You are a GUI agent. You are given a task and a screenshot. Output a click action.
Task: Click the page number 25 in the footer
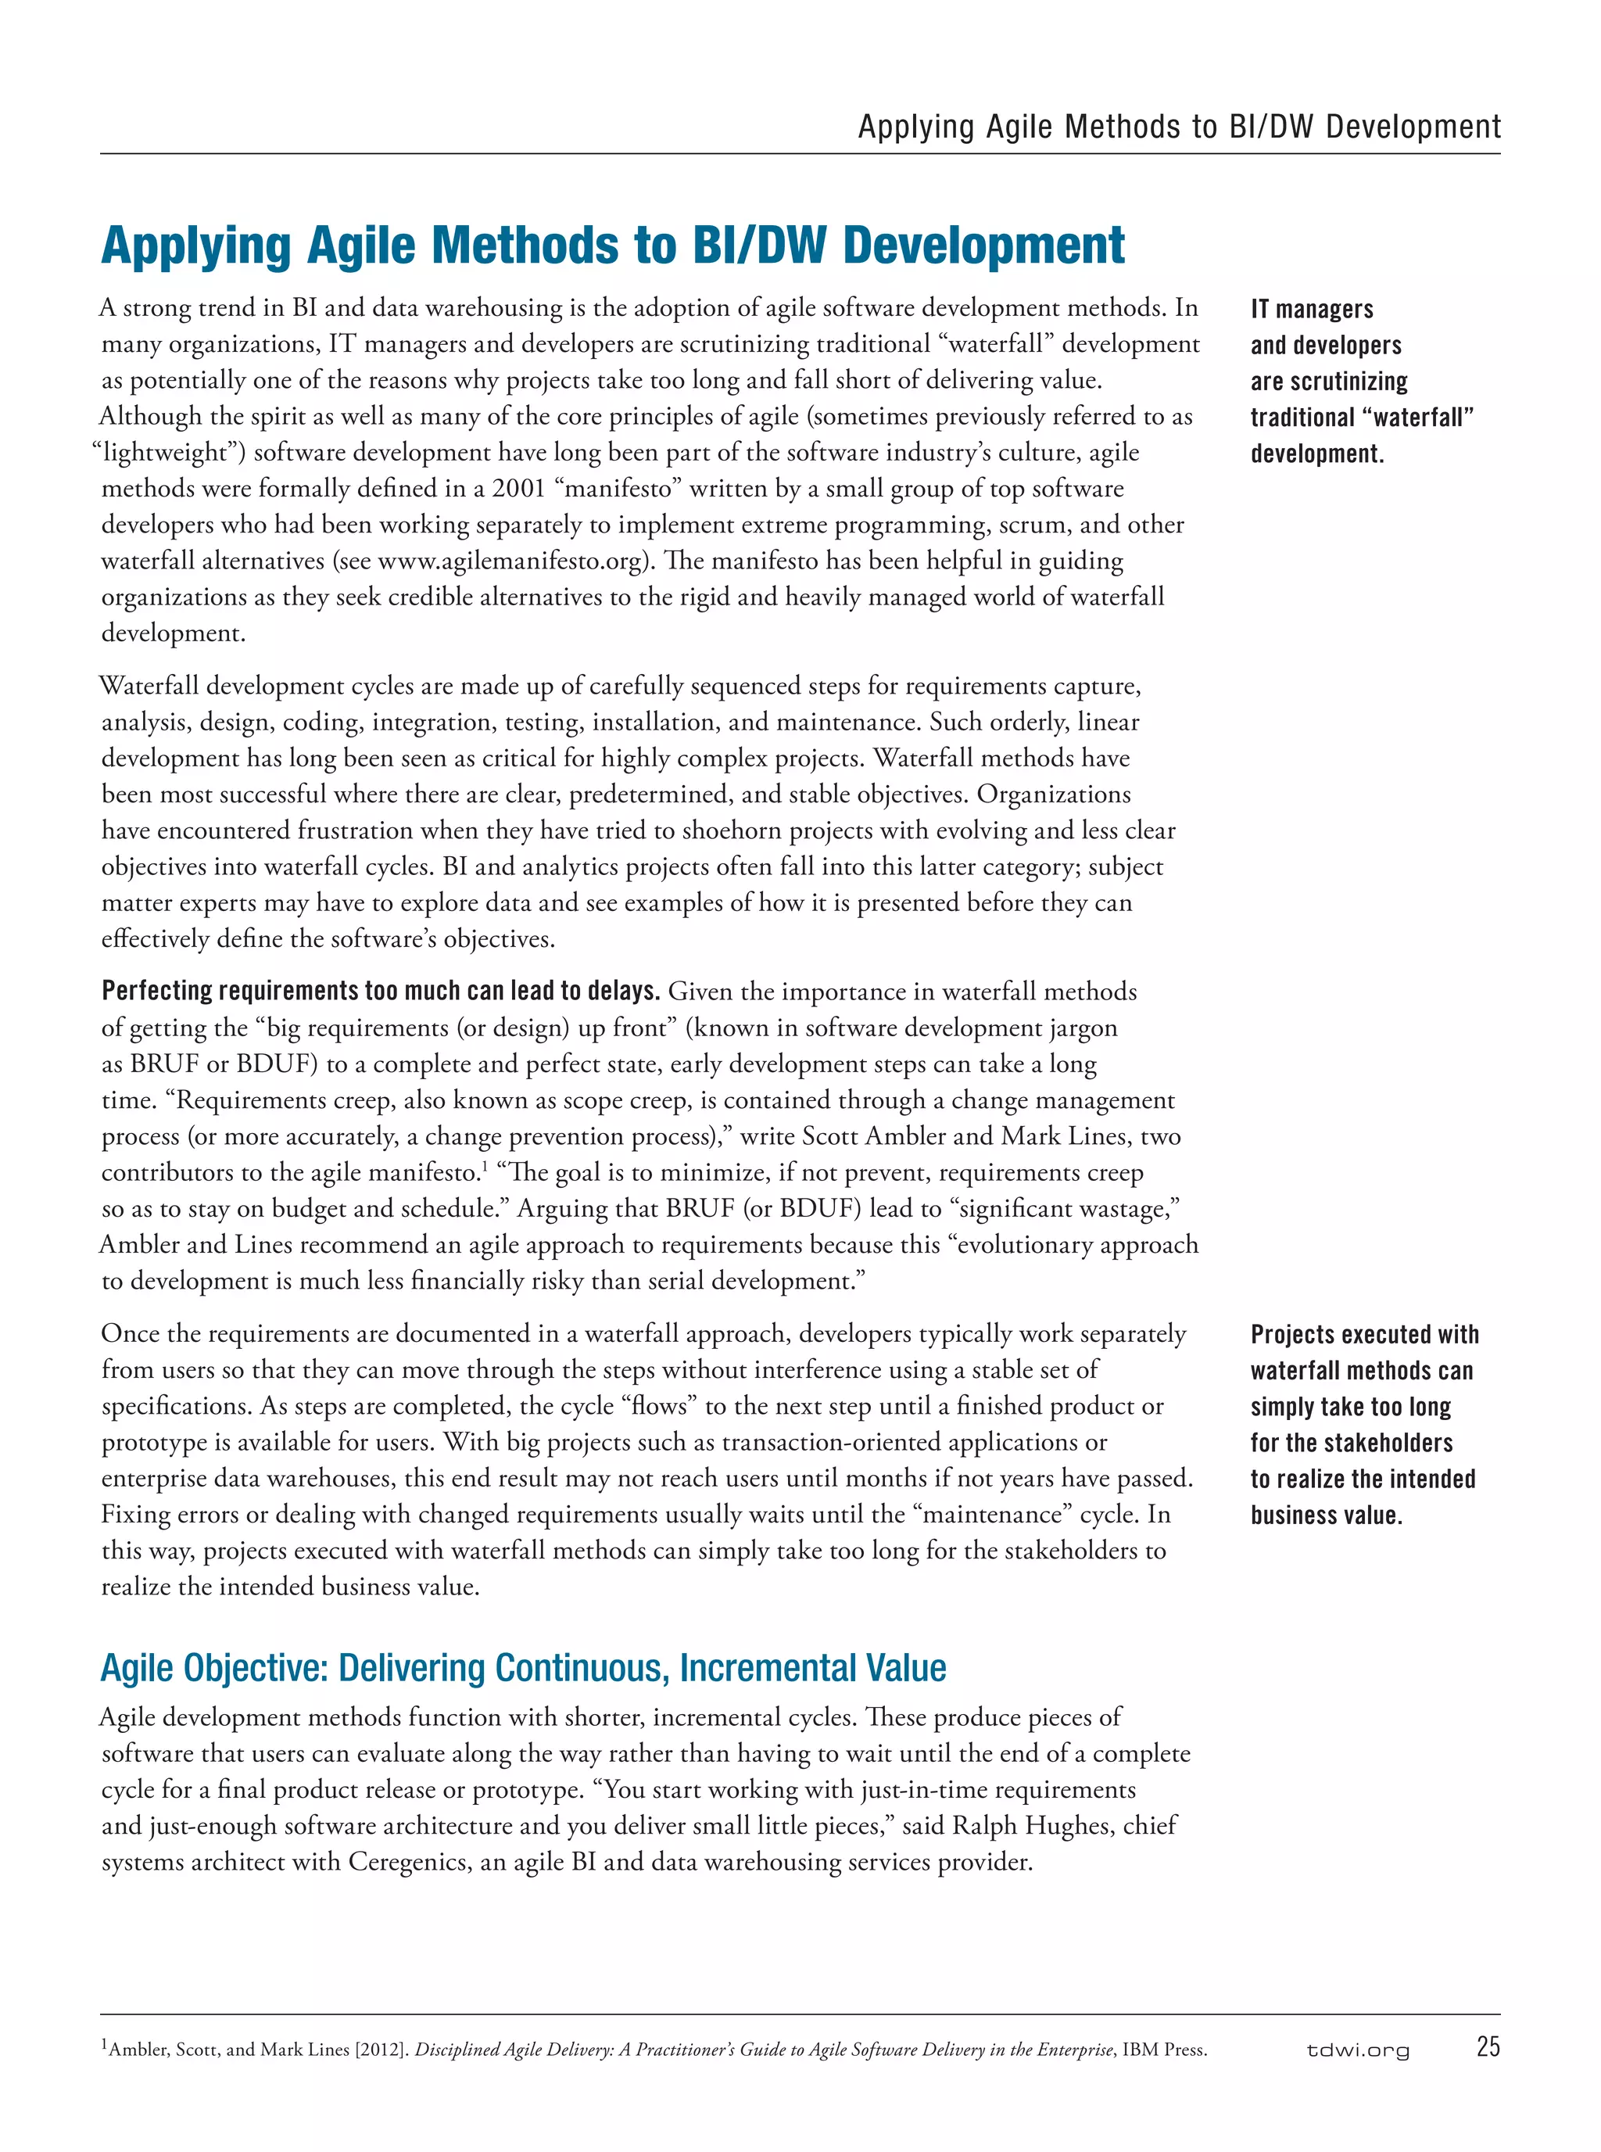point(1488,2046)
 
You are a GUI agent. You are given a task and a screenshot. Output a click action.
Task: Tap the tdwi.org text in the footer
point(1358,2050)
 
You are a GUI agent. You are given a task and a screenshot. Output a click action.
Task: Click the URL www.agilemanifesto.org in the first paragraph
point(510,561)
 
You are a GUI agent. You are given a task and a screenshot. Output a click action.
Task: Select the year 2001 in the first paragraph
point(518,489)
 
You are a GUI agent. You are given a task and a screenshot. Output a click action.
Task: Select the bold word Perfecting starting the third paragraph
point(157,991)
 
